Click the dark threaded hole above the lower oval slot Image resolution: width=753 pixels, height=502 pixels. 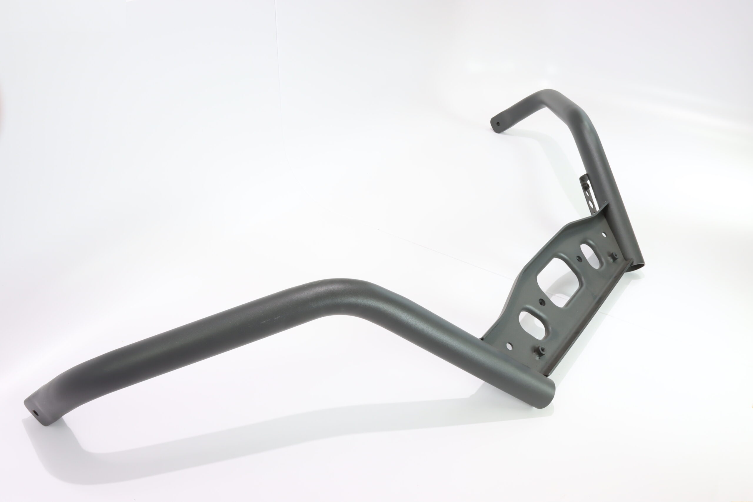[x=541, y=302]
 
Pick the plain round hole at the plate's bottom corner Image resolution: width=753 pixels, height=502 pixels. [x=510, y=346]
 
